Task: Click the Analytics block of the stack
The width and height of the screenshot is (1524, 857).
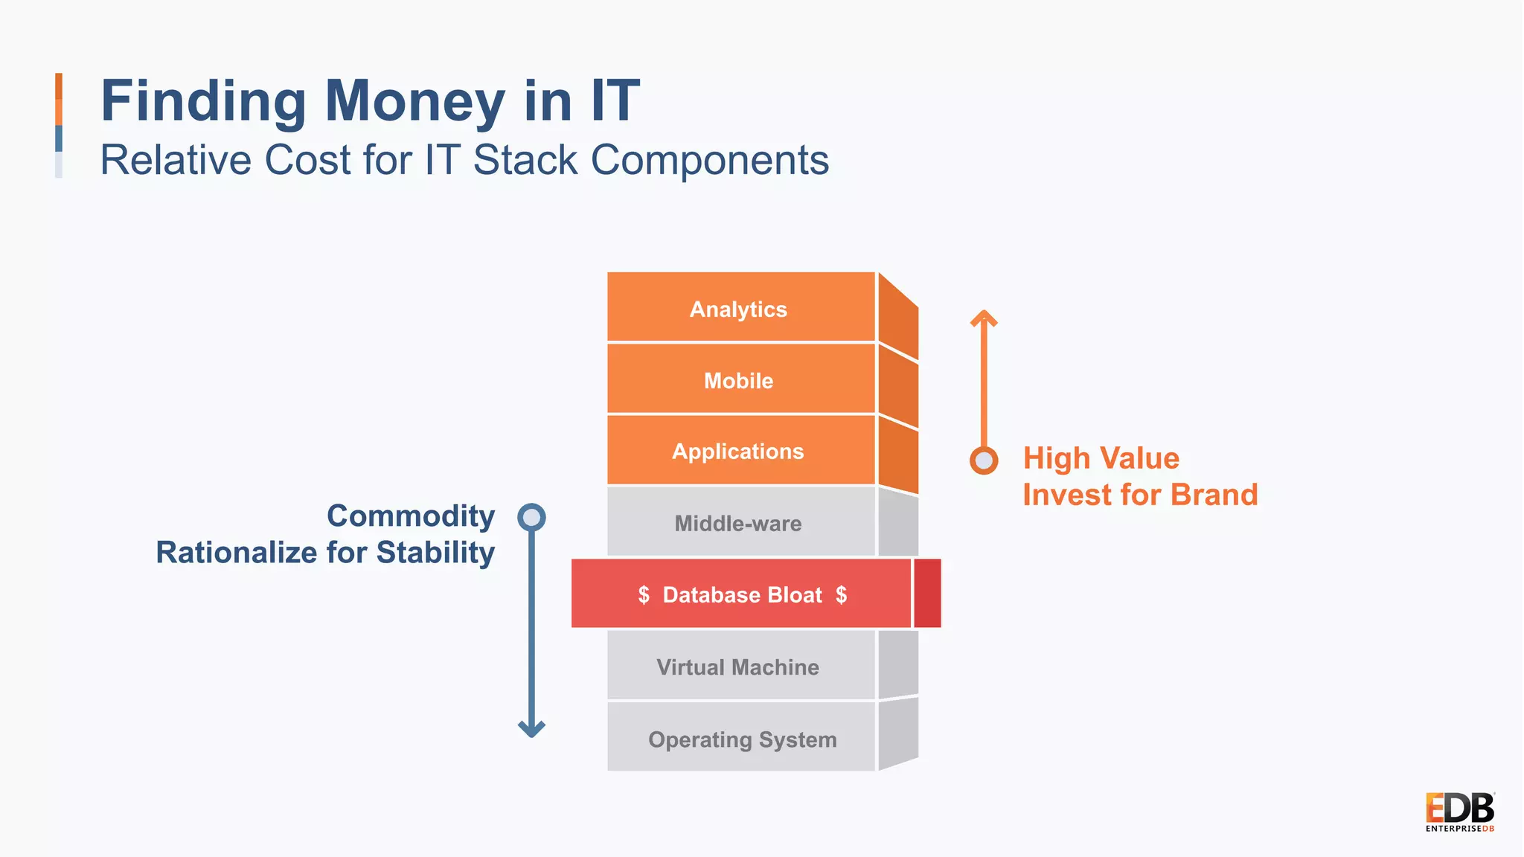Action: [x=740, y=308]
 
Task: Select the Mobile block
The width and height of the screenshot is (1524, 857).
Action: [x=740, y=379]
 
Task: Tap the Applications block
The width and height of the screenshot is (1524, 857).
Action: [x=740, y=451]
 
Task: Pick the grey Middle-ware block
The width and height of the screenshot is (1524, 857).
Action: [x=740, y=522]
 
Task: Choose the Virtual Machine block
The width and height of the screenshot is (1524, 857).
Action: [x=740, y=666]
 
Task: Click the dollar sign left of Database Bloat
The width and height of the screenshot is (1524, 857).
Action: [x=644, y=594]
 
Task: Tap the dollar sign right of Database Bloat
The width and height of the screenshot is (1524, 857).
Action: [x=841, y=594]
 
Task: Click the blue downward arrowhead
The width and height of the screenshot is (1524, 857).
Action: [x=531, y=728]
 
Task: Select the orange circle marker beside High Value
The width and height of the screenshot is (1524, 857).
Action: [x=984, y=460]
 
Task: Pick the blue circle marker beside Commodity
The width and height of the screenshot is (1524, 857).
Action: [x=531, y=517]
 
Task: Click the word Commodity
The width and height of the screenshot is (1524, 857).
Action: [x=411, y=516]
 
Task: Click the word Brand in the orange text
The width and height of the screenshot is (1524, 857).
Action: [x=1214, y=495]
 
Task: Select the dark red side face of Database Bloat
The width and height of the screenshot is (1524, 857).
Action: [x=927, y=593]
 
